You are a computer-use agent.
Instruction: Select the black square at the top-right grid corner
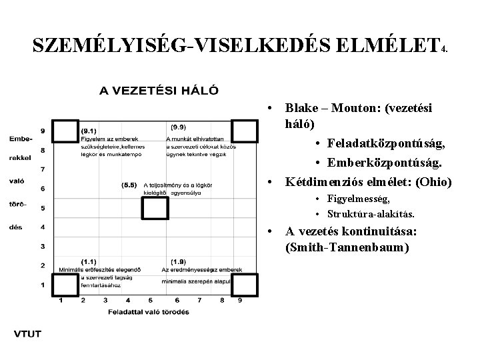(245, 131)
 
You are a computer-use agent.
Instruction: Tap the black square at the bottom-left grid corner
(65, 286)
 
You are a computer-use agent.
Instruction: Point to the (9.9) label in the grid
(178, 127)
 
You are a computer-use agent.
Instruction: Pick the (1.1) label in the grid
(88, 261)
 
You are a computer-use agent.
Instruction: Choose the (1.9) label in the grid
(178, 261)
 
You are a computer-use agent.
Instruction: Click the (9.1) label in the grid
(88, 131)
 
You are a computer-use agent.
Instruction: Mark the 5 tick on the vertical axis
(43, 208)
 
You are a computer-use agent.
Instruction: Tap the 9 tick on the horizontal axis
(239, 301)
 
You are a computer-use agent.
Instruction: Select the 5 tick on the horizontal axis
(151, 301)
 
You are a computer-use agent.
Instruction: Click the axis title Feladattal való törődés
(148, 311)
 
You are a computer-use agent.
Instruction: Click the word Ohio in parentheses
(436, 181)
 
